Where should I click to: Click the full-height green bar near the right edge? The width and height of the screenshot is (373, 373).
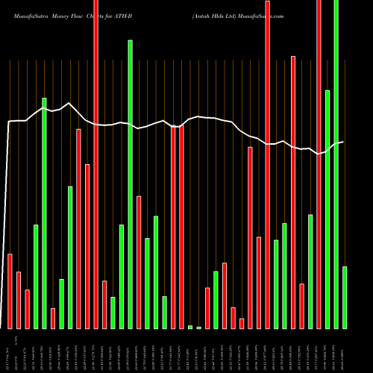pos(336,164)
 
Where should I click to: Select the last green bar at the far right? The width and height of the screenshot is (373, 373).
pos(345,298)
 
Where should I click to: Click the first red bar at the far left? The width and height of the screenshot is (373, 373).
pos(10,291)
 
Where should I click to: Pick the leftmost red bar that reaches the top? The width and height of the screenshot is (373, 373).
pos(95,164)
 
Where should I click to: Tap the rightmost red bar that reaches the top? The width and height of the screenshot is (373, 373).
pos(319,164)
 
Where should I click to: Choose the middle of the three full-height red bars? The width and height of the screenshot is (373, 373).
pos(267,164)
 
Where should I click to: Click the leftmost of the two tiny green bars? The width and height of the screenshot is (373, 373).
pos(190,327)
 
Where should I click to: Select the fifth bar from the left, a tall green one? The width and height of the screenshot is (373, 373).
pos(44,213)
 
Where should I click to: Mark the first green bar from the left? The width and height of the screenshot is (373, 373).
pos(36,276)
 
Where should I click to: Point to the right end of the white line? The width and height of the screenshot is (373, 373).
pos(343,142)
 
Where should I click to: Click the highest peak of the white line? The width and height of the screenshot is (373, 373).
pos(69,103)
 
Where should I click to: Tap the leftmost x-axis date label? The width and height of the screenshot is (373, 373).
pos(9,351)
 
